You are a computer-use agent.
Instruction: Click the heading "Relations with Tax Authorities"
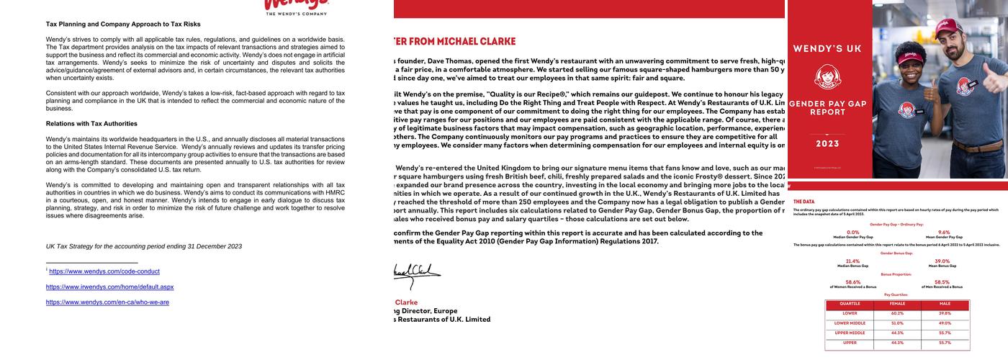click(x=91, y=124)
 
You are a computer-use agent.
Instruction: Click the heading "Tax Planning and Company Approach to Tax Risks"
click(x=123, y=24)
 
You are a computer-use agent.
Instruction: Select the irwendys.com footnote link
click(x=109, y=287)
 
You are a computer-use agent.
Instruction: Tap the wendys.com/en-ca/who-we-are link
click(x=107, y=302)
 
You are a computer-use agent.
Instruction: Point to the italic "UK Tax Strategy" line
click(x=144, y=246)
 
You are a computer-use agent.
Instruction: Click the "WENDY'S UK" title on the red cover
click(x=827, y=49)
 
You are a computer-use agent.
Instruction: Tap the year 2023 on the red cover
click(x=827, y=144)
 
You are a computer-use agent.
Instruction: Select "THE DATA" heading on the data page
click(x=804, y=202)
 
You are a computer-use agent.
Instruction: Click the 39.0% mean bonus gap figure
click(x=942, y=261)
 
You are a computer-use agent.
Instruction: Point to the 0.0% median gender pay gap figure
click(x=853, y=233)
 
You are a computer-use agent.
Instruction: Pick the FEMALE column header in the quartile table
click(x=897, y=304)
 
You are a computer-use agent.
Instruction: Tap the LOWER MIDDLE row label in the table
click(x=850, y=323)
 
